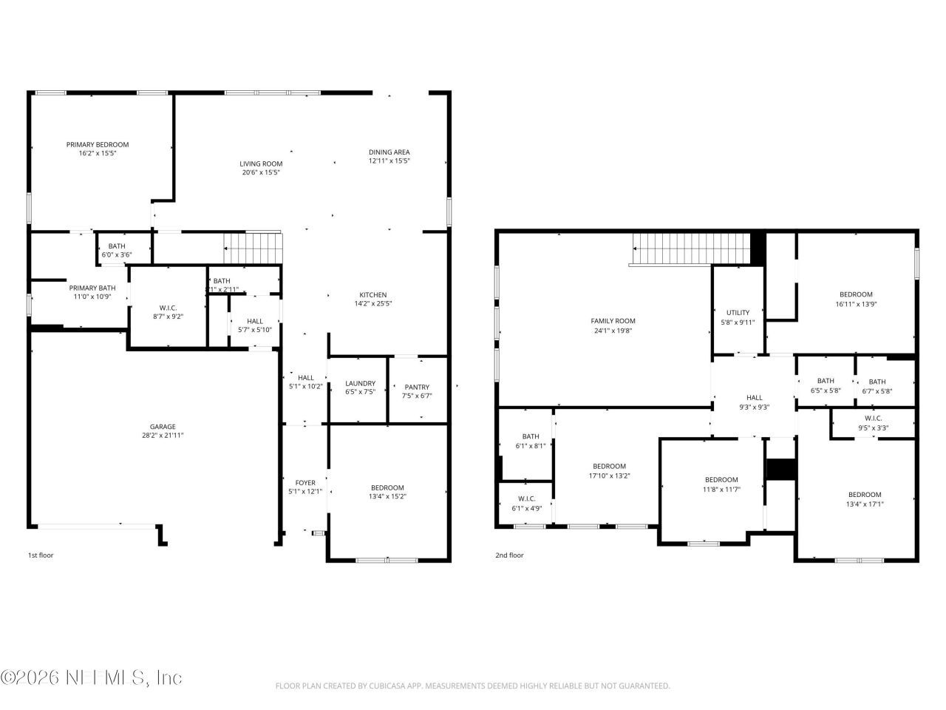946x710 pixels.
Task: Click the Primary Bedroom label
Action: [98, 145]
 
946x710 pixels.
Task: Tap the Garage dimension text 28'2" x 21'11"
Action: [163, 436]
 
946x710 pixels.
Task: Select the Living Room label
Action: [261, 164]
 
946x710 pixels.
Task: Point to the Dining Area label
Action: [389, 152]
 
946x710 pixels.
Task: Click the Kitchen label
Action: [373, 295]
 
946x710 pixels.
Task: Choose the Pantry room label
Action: [417, 387]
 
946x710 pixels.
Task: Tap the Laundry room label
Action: [360, 383]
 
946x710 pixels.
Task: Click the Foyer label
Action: [305, 483]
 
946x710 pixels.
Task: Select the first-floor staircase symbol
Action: [253, 247]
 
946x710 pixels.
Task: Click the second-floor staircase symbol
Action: [691, 248]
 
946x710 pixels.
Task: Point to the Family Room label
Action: [613, 321]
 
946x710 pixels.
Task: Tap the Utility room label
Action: [738, 313]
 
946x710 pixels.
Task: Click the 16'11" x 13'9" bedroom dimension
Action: [856, 303]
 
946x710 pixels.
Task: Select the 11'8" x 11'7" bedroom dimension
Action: [721, 489]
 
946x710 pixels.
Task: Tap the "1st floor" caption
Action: [41, 555]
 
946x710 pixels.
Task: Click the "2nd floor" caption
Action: [509, 555]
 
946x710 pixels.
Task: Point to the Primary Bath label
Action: [92, 288]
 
